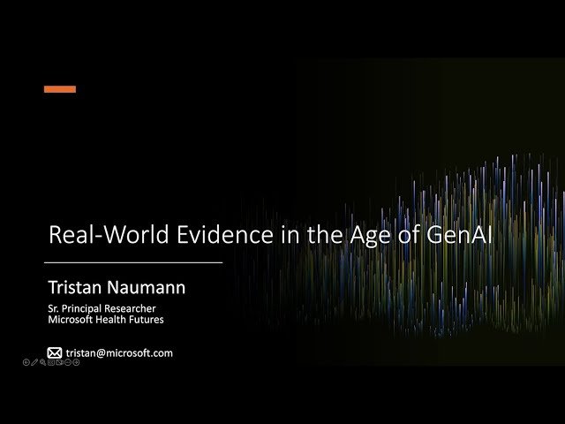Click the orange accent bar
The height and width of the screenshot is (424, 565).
[60, 89]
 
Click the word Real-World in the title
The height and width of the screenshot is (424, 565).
[99, 236]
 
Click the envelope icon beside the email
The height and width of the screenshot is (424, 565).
[55, 352]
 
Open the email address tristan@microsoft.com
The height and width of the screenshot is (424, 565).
[119, 352]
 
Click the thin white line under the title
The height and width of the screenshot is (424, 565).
[132, 262]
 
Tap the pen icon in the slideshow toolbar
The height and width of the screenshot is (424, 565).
[34, 363]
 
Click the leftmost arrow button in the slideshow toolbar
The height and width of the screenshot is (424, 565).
[26, 363]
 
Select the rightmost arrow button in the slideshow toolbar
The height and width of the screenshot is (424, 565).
[76, 363]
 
